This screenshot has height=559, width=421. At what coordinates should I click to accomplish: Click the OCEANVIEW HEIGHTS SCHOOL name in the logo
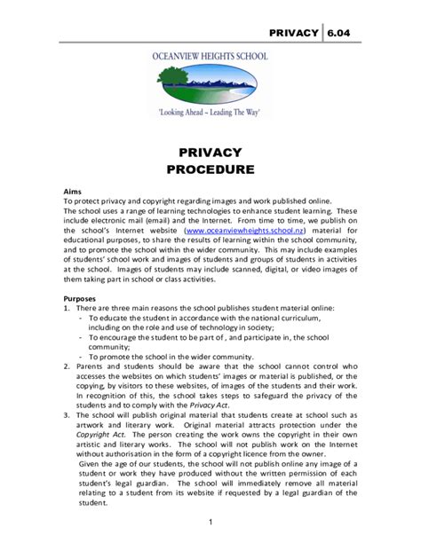[211, 55]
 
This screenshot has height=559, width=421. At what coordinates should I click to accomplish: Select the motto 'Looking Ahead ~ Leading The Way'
[210, 114]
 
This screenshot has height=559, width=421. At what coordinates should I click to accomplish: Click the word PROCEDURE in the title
[210, 169]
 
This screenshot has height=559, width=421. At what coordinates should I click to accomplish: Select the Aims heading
[73, 191]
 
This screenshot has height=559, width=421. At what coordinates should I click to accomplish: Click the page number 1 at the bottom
[210, 521]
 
